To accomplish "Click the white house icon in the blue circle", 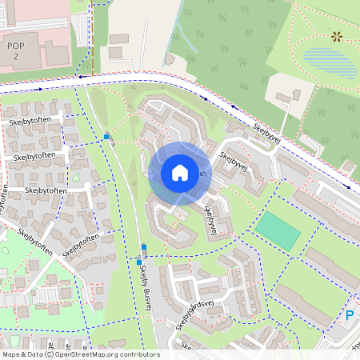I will pyautogui.click(x=179, y=172).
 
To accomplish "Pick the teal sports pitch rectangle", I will pyautogui.click(x=278, y=231).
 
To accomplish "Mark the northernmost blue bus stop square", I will pyautogui.click(x=106, y=137).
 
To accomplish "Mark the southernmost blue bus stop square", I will pyautogui.click(x=139, y=262).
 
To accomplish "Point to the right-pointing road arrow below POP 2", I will pyautogui.click(x=38, y=89).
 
